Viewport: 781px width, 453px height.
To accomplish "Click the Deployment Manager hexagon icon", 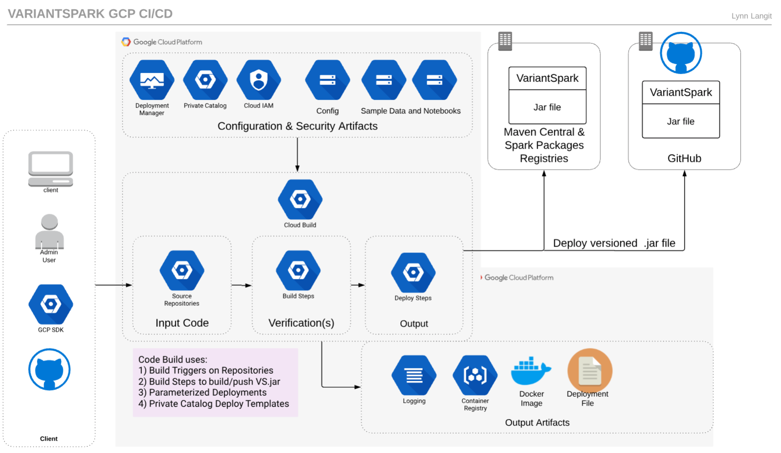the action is pos(152,80).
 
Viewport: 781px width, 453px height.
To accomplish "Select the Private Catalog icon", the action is pos(206,80).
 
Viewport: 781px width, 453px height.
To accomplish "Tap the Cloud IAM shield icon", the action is pos(259,80).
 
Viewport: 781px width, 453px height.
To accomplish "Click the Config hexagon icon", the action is pos(327,80).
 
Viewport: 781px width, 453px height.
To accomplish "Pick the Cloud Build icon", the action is pos(300,199).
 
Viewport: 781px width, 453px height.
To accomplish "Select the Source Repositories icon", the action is pos(182,271).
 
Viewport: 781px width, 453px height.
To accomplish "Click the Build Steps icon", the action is pos(298,271).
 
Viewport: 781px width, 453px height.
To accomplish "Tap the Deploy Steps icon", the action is pos(413,272).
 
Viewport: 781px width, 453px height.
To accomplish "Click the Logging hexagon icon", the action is pos(414,375).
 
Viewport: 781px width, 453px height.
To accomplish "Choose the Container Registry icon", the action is pos(475,375).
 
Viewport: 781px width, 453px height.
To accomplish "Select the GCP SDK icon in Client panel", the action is pos(51,304).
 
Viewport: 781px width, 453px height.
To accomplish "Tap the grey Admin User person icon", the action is pos(49,231).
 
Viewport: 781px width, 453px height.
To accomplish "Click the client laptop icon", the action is pos(51,169).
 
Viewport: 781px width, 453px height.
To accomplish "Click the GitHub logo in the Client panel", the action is pos(49,369).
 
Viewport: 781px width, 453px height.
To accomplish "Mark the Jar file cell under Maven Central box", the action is pos(547,107).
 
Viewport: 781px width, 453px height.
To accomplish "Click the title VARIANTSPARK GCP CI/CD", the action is pos(91,14).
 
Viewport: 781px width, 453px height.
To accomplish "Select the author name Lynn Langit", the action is pos(751,16).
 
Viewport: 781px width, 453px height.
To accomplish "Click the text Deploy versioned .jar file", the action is pos(614,243).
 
